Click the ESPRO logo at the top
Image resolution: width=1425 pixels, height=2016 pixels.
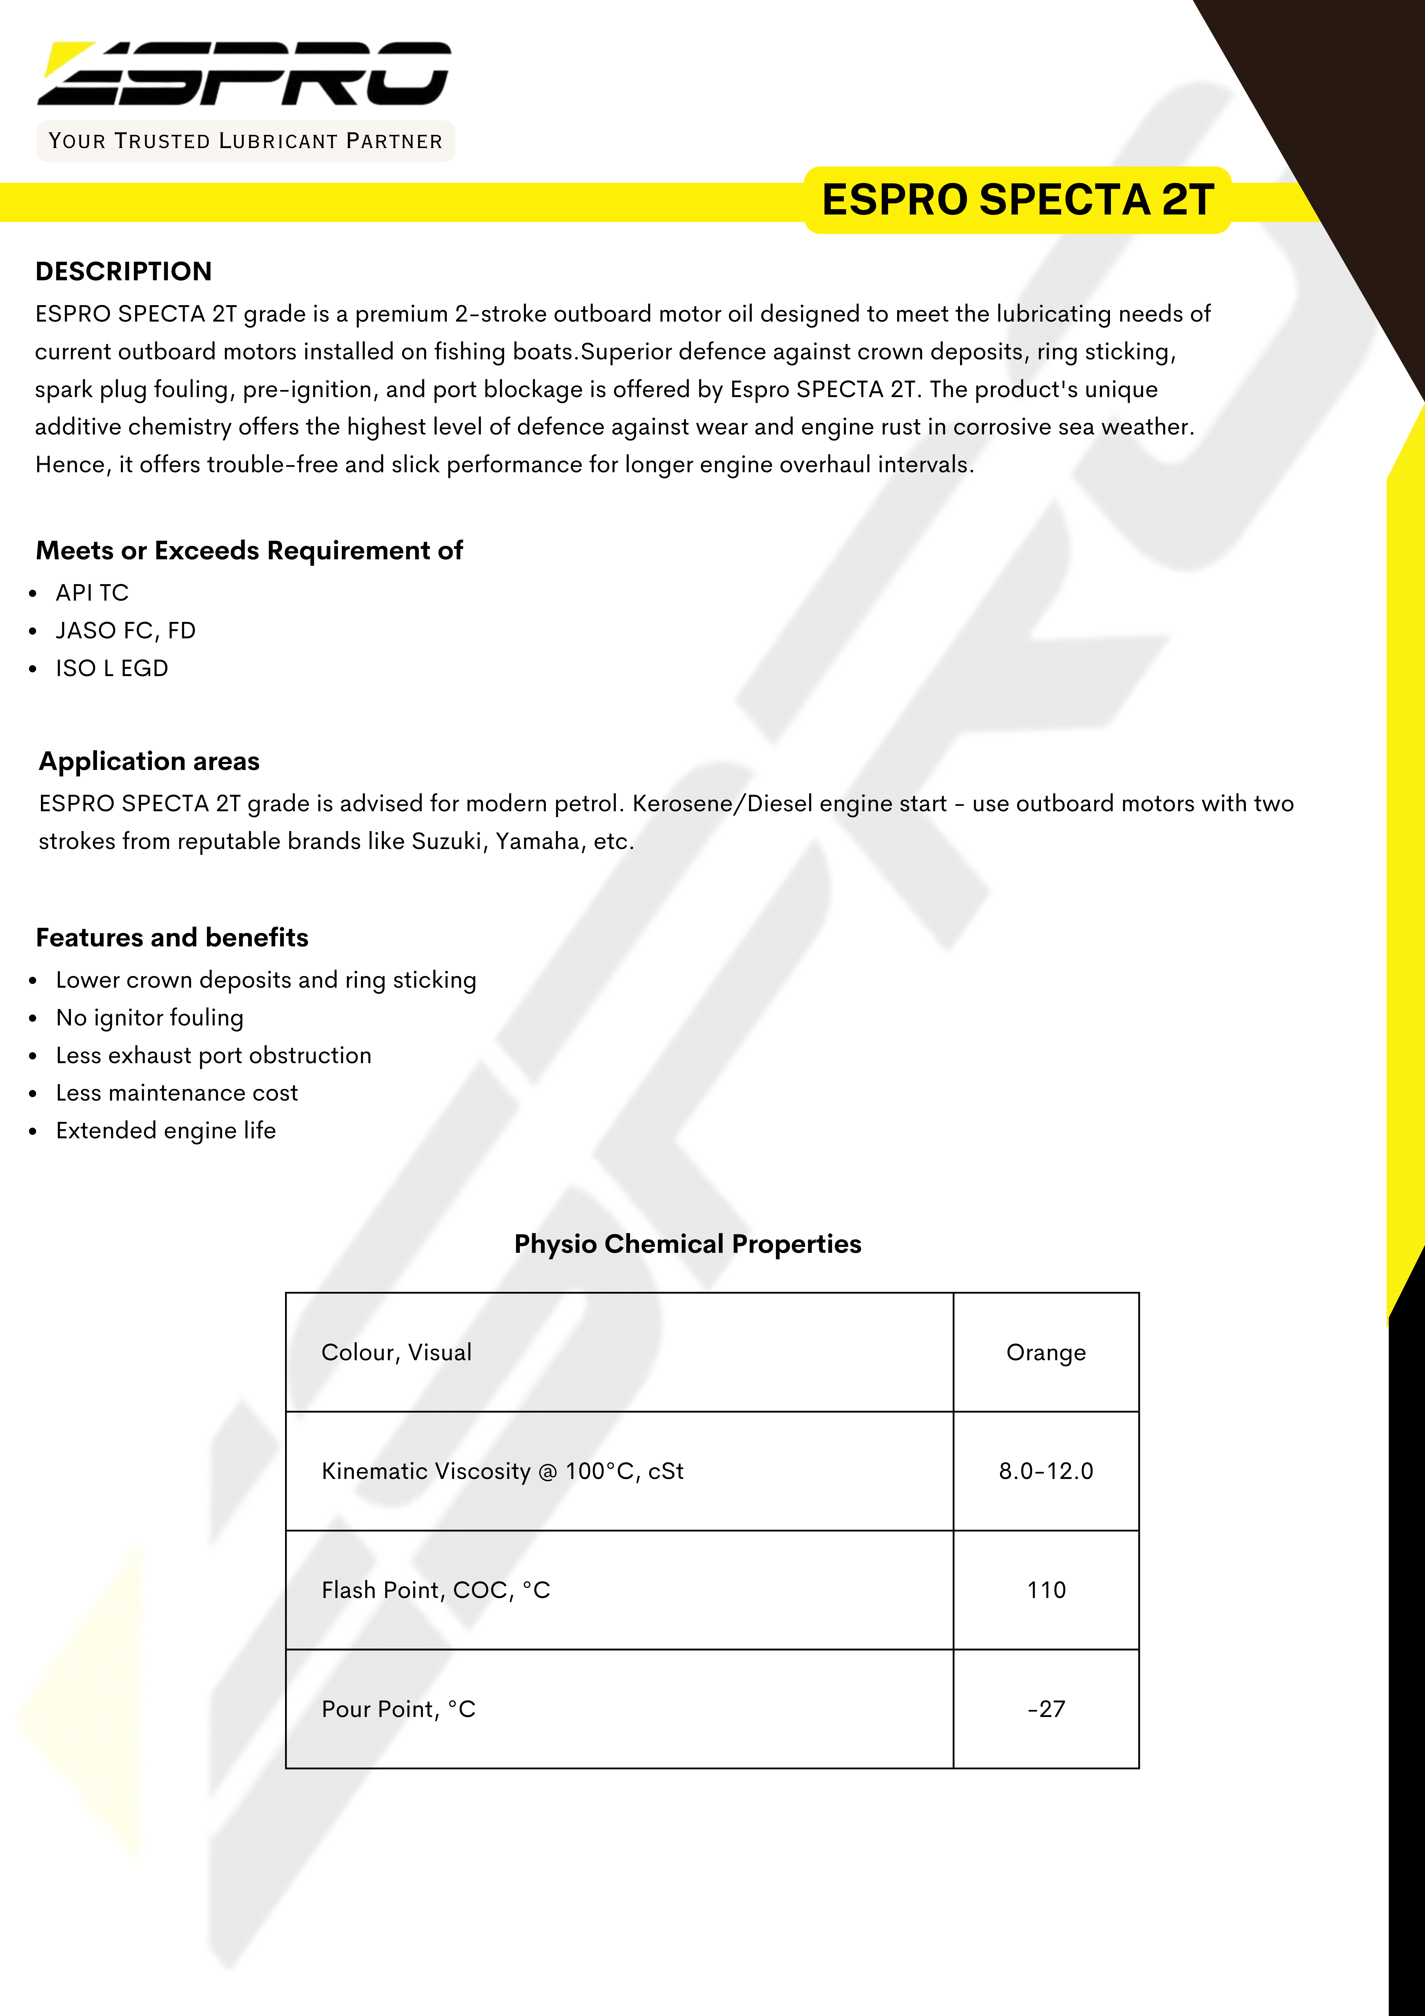(244, 74)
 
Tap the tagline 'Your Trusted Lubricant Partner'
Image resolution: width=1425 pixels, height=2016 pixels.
(245, 141)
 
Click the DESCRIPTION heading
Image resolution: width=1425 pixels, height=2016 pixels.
(124, 271)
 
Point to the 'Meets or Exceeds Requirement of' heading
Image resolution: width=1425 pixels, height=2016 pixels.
(249, 551)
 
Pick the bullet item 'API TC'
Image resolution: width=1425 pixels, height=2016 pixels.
(92, 593)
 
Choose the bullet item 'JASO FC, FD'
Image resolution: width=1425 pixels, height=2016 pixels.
(125, 630)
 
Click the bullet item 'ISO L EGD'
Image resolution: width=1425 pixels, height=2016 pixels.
(112, 668)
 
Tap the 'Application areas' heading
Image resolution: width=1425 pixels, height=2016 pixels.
(149, 761)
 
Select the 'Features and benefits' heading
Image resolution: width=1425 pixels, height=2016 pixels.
(172, 938)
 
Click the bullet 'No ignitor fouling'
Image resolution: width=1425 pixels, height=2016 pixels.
(149, 1018)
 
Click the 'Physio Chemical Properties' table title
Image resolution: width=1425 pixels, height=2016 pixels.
(688, 1244)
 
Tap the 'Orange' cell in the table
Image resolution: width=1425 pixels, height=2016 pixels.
(1046, 1352)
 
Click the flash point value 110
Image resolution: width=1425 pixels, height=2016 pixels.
(1046, 1590)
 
